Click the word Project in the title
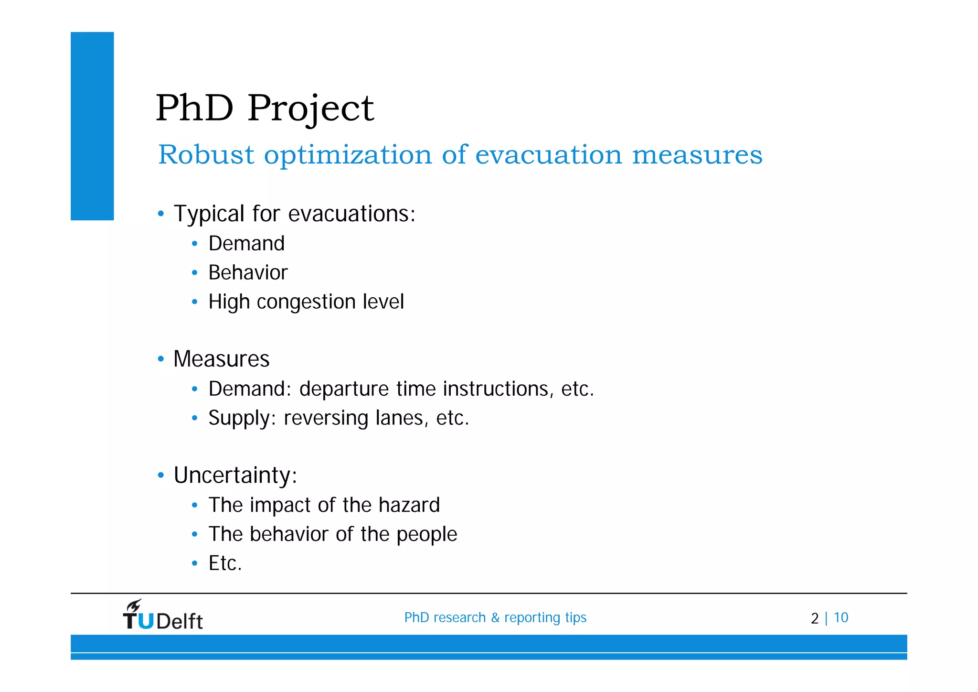click(x=310, y=109)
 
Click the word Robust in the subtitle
click(x=206, y=155)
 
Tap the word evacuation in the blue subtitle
click(x=549, y=155)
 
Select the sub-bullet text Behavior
click(x=248, y=273)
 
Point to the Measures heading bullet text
click(x=222, y=359)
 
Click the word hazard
click(x=409, y=505)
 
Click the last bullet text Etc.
click(x=225, y=563)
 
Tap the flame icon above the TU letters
click(x=134, y=605)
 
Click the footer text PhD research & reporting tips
click(x=495, y=617)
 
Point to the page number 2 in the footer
click(x=814, y=618)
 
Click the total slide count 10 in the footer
click(x=841, y=617)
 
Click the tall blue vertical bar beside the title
click(x=92, y=126)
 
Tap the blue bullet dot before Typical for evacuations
click(x=161, y=214)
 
